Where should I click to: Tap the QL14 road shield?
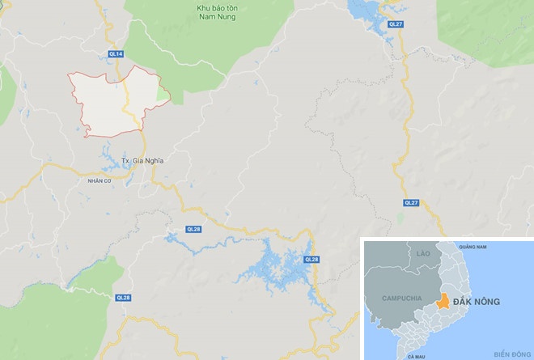(117, 54)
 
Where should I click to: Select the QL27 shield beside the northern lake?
(395, 25)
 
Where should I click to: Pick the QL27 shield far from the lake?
(411, 202)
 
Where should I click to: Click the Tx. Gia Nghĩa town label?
(142, 160)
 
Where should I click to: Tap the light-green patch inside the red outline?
(163, 95)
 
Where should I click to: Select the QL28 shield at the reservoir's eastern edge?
(311, 259)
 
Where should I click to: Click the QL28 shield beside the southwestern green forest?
(123, 298)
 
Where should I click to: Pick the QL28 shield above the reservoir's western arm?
(193, 229)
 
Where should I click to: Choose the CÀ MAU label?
(417, 355)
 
